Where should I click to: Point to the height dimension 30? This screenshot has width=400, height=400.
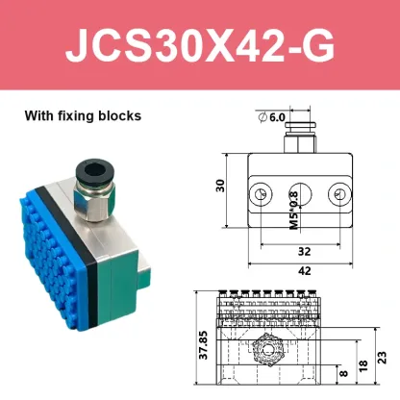(x=219, y=187)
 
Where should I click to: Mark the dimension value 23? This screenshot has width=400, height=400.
(x=383, y=355)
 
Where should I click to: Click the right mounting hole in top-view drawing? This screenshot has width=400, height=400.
(x=337, y=194)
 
